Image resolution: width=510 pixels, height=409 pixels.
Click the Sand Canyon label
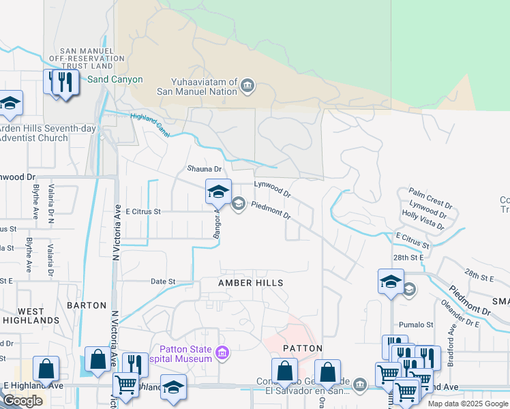tap(115, 80)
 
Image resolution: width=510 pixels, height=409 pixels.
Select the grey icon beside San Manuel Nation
tap(247, 86)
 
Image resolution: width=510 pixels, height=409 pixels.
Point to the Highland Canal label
tap(150, 125)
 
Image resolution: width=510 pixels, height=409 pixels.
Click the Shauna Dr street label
tap(205, 169)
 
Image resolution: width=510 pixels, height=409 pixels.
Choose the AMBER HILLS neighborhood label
tap(250, 282)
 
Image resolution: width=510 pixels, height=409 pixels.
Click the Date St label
tap(163, 281)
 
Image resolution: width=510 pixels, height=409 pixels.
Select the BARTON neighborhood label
tap(87, 305)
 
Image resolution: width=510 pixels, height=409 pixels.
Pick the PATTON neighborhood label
tap(302, 348)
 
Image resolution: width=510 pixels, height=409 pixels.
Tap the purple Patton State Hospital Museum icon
tap(222, 352)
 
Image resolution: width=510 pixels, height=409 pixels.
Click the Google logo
tap(22, 401)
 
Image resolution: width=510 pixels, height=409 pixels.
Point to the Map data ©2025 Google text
tap(468, 404)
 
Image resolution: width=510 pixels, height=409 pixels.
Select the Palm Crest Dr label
tap(430, 199)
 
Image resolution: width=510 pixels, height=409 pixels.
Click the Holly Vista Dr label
tap(423, 219)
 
